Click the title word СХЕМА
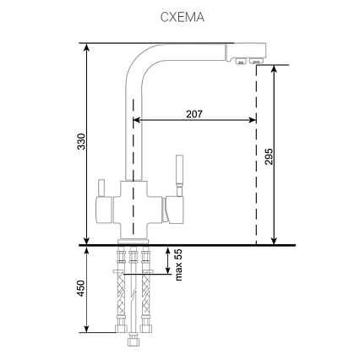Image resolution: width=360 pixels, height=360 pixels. (183, 17)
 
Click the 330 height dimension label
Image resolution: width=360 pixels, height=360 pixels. (81, 141)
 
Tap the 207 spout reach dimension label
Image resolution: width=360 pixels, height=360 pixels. (194, 114)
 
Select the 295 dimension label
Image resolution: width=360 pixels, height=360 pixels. (269, 156)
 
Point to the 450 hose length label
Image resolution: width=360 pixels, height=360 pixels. (81, 288)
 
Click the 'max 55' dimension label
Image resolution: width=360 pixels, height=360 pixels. (178, 265)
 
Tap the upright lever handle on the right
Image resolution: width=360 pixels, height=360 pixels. (179, 175)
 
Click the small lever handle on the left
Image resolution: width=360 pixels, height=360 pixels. (101, 188)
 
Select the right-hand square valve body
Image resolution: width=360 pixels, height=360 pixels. (174, 210)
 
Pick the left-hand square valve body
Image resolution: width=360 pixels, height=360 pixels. (104, 210)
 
